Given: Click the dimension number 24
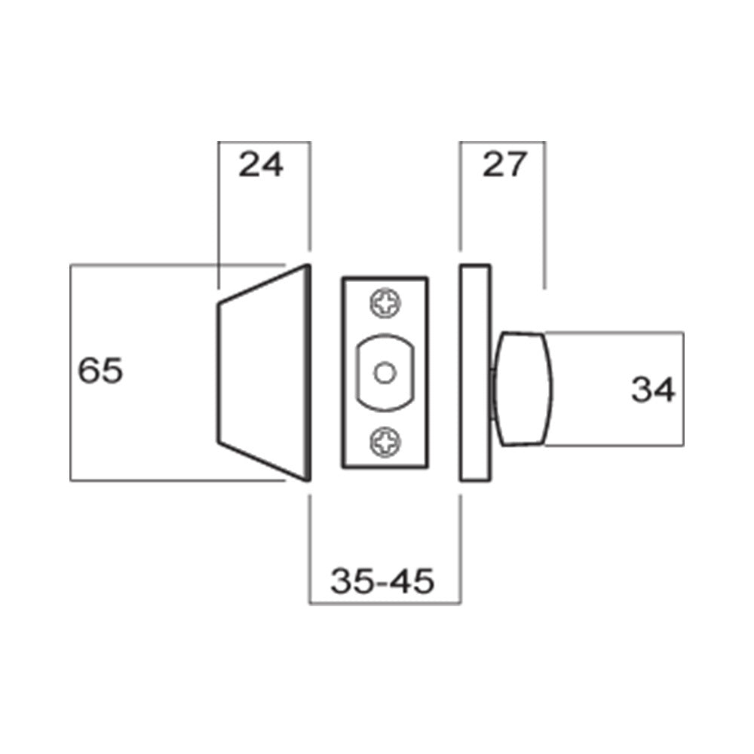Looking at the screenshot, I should point(261,164).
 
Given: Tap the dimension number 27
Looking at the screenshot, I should point(503,164).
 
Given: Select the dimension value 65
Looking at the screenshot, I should point(101,371).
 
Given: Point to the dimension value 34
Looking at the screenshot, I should point(653,390).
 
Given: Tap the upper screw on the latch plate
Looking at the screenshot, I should point(385,305).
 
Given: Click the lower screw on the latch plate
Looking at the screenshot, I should point(385,441).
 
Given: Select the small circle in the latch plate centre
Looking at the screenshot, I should point(385,372).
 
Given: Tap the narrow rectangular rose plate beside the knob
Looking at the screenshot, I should point(474,372).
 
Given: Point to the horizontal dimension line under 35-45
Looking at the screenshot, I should point(385,603).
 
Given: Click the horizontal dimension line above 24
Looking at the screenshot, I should point(264,142).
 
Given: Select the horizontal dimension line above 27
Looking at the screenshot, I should point(503,142).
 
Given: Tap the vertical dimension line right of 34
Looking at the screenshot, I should point(684,388).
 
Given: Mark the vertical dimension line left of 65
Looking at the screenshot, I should point(70,372).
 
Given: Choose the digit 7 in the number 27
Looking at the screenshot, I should point(513,164).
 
